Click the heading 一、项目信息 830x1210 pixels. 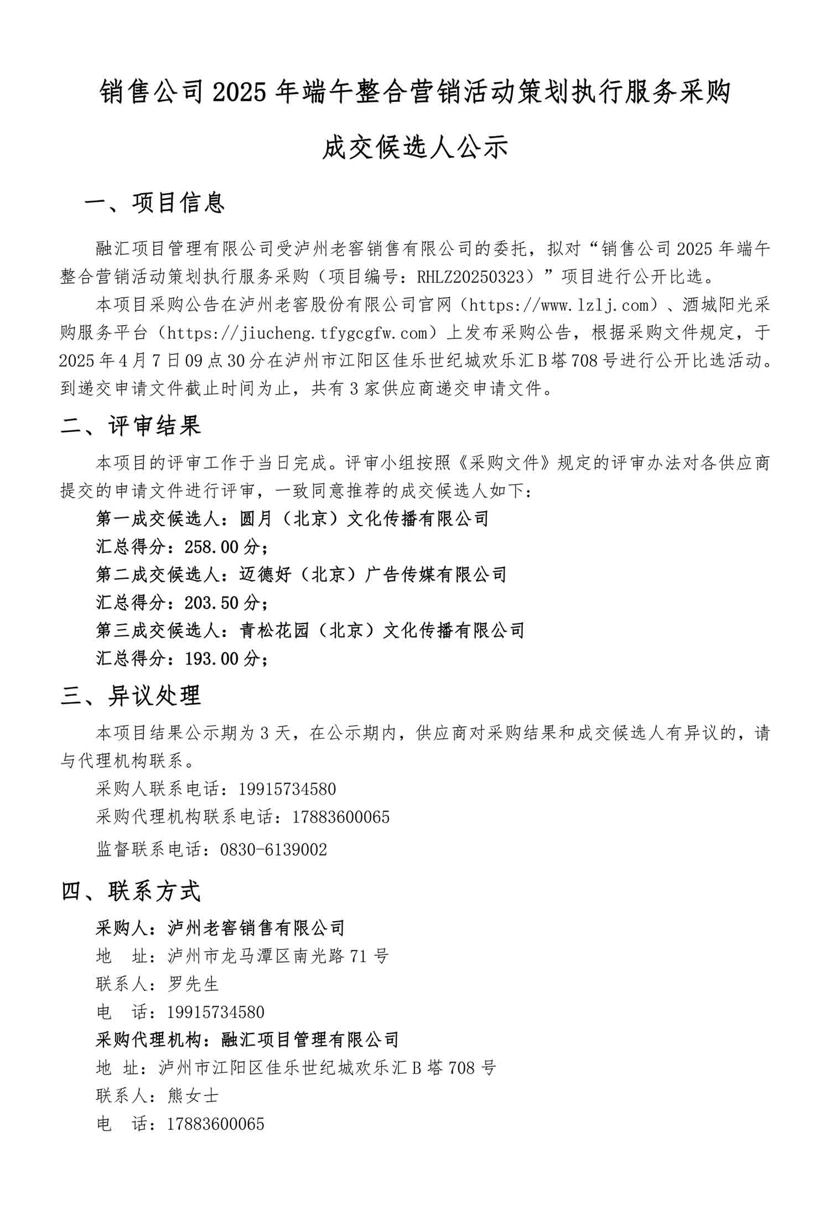point(154,203)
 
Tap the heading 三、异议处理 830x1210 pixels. point(131,695)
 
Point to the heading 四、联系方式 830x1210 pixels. point(131,891)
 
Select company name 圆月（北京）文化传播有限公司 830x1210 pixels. point(364,519)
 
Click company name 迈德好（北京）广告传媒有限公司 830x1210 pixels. point(373,575)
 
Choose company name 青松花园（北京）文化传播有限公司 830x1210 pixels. point(382,630)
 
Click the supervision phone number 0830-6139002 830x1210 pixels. point(273,850)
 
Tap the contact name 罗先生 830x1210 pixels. point(193,984)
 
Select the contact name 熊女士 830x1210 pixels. point(193,1095)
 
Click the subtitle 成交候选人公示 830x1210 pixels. point(415,148)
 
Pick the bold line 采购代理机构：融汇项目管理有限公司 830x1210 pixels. point(247,1040)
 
